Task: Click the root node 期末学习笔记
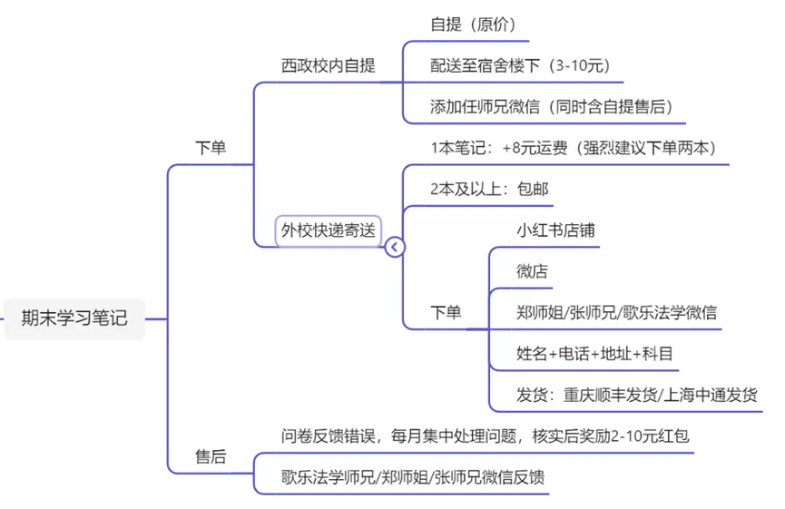pos(74,318)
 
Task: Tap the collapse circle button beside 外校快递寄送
pos(395,247)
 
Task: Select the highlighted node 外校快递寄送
pos(328,230)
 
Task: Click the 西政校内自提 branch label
pos(328,65)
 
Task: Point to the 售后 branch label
pos(211,456)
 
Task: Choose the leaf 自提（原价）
pos(473,24)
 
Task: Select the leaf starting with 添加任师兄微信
pos(551,106)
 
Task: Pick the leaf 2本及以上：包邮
pos(489,189)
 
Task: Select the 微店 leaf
pos(532,270)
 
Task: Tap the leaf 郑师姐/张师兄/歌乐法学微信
pos(616,312)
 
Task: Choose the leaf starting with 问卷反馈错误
pos(485,436)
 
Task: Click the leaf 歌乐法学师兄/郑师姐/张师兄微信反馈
pos(413,477)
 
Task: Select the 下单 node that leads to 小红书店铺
pos(445,312)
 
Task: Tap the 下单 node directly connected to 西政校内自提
pos(211,148)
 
